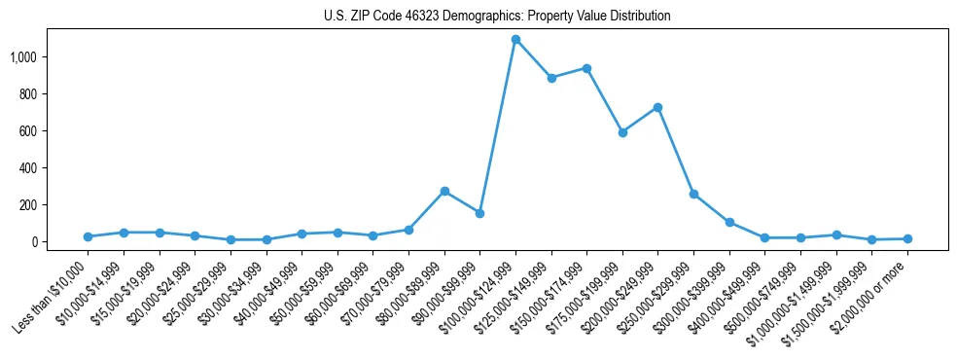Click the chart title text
[x=497, y=17]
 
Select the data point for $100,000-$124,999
[x=515, y=40]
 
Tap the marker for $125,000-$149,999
[x=551, y=78]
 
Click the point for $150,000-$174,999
[x=586, y=68]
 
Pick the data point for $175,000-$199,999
[x=622, y=132]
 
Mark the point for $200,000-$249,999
[x=658, y=107]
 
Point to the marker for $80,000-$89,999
[x=444, y=191]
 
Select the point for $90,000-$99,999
[x=479, y=213]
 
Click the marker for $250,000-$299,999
[x=693, y=194]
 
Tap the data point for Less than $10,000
[x=88, y=236]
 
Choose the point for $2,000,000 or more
[x=907, y=238]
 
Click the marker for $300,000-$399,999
[x=729, y=222]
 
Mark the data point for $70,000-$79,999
[x=408, y=230]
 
